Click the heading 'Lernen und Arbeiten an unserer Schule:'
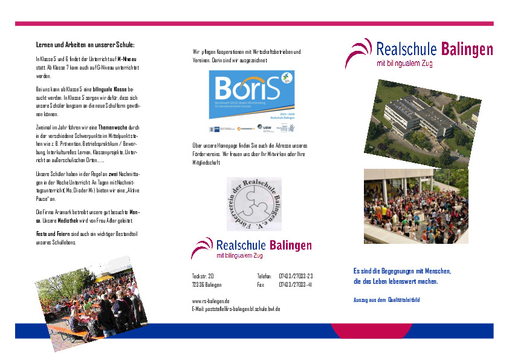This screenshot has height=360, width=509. pos(85,45)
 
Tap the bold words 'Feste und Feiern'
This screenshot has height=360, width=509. pos(50,234)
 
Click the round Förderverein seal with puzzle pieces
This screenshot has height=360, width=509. pos(254,204)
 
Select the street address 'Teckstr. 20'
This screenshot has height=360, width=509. pos(203,276)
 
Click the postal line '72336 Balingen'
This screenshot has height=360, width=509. pos(207,284)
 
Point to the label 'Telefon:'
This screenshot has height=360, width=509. pos(264,276)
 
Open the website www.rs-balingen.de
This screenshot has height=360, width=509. pos(210,301)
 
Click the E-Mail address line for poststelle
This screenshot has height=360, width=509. pos(236,309)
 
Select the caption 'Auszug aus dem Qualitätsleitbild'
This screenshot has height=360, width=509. pos(386,300)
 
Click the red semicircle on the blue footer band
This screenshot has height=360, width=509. pos(363,332)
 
